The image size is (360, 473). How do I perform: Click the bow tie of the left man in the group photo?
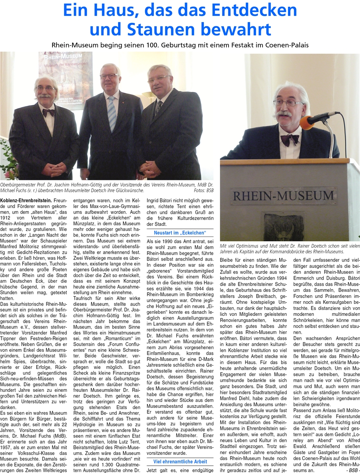pyautogui.click(x=48, y=112)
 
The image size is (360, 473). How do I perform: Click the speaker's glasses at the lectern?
pyautogui.click(x=288, y=103)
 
